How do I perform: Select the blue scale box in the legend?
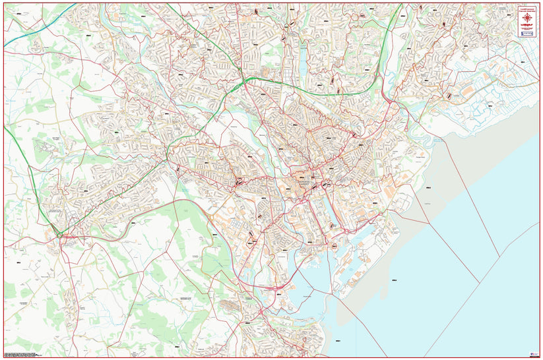point(527,34)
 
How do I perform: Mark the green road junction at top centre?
point(245,81)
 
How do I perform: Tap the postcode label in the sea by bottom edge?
point(337,341)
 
